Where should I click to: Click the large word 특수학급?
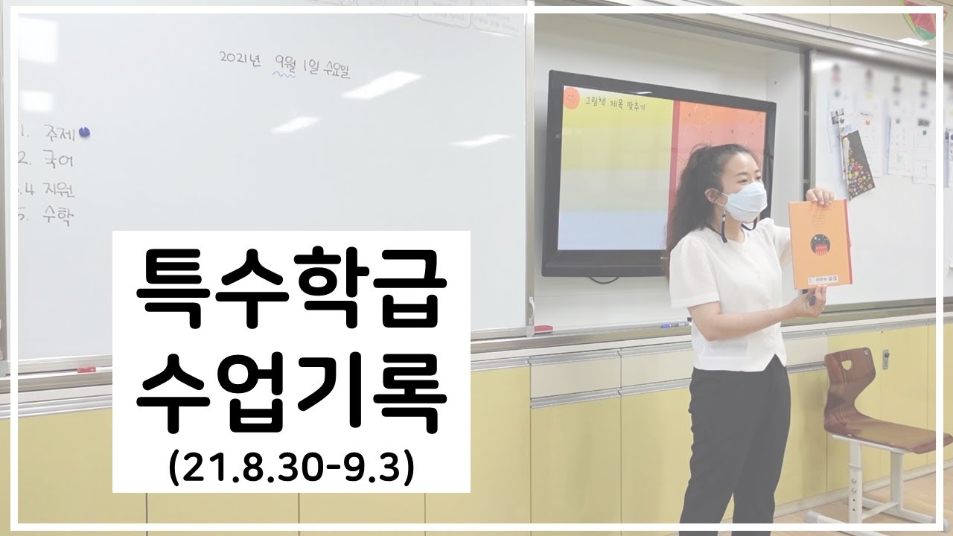tap(291, 293)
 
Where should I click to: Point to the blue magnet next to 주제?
tap(85, 133)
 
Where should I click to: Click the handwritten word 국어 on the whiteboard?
tap(55, 159)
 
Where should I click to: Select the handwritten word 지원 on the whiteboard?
tap(58, 189)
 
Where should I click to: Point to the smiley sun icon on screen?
tap(571, 96)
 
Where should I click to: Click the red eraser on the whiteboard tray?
tap(543, 328)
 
